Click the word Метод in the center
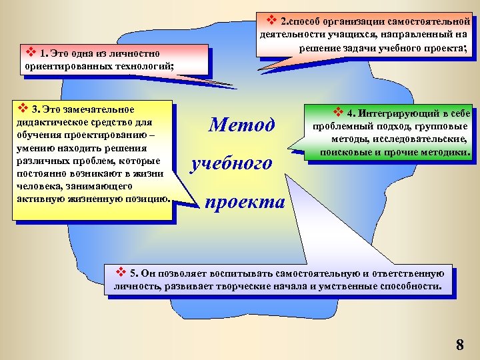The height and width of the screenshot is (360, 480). click(x=241, y=125)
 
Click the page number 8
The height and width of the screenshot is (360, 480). click(x=459, y=345)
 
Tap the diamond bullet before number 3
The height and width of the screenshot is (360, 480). click(x=22, y=109)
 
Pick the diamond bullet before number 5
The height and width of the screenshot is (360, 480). click(x=121, y=272)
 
